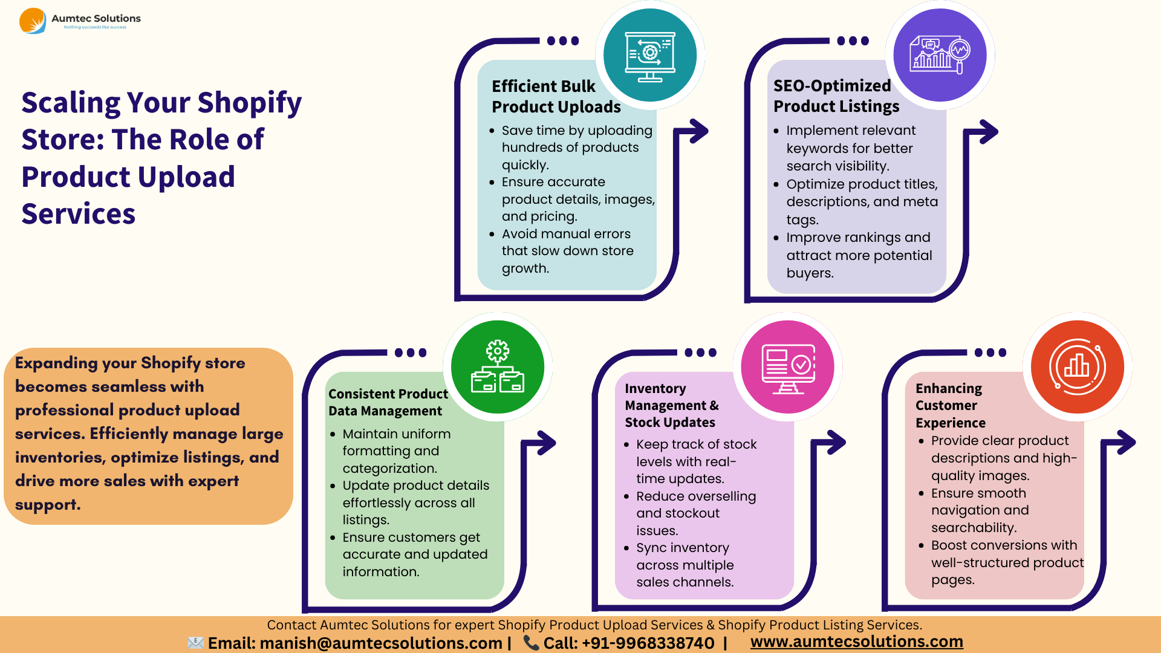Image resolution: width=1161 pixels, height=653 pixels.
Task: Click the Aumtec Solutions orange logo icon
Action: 32,21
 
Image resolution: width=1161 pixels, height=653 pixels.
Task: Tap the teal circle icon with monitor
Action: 650,55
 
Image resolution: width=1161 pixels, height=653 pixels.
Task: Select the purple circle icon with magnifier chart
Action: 940,55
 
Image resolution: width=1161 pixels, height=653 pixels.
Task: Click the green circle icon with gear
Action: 498,367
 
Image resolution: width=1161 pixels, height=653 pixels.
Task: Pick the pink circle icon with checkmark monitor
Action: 787,367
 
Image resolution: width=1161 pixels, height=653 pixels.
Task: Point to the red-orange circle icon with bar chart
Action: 1078,367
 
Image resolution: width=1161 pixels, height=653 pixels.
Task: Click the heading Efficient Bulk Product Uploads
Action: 556,97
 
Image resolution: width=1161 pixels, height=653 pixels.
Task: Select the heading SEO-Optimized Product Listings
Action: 836,96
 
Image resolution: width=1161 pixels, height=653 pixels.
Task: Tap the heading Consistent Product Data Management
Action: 388,402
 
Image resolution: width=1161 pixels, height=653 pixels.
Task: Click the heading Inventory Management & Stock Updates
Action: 671,405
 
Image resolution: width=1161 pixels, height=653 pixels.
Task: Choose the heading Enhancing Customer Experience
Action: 950,405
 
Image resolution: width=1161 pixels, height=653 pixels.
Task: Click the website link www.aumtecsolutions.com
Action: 856,642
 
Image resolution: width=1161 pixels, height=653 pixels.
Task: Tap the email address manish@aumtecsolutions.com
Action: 380,643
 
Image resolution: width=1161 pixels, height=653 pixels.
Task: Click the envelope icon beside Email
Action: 195,643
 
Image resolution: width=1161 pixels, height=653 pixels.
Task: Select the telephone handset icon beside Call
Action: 531,643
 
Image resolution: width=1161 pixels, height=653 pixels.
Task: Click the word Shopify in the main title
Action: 249,103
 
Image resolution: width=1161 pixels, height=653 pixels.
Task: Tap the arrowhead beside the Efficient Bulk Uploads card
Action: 700,131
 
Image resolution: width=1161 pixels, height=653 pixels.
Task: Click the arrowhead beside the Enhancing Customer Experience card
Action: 1127,443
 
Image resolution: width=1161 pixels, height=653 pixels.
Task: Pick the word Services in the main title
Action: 79,214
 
